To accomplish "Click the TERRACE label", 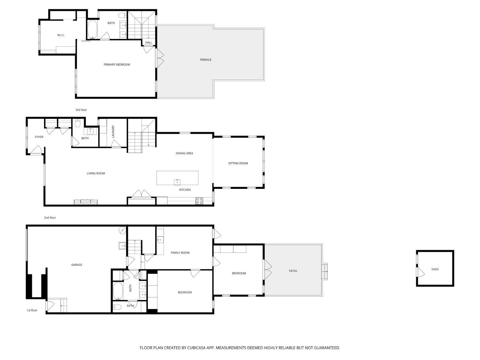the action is pyautogui.click(x=205, y=60).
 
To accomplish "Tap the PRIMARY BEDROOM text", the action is pyautogui.click(x=117, y=65).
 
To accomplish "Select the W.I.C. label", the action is pyautogui.click(x=61, y=35).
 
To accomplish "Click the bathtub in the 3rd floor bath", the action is pyautogui.click(x=92, y=30).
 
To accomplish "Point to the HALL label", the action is pyautogui.click(x=149, y=43).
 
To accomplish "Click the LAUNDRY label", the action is pyautogui.click(x=113, y=132).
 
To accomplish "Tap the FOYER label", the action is pyautogui.click(x=39, y=137).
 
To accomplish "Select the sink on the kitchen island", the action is pyautogui.click(x=177, y=182).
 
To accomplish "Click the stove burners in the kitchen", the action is pyautogui.click(x=199, y=201).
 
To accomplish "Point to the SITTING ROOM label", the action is pyautogui.click(x=238, y=163).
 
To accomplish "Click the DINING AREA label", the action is pyautogui.click(x=184, y=153).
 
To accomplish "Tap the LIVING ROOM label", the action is pyautogui.click(x=96, y=173).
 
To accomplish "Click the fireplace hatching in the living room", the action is pyautogui.click(x=86, y=202).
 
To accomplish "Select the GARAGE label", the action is pyautogui.click(x=77, y=265).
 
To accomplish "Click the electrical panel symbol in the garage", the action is pyautogui.click(x=122, y=230).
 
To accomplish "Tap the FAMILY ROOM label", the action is pyautogui.click(x=180, y=253).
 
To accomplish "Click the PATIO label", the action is pyautogui.click(x=293, y=271).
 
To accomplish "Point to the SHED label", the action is pyautogui.click(x=435, y=269).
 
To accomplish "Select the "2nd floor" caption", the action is pyautogui.click(x=50, y=218).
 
